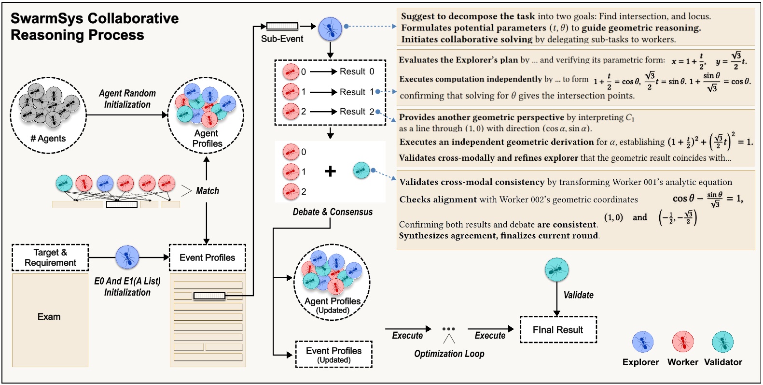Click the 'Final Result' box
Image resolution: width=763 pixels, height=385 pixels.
[558, 329]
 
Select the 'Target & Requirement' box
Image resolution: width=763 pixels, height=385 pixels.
[50, 257]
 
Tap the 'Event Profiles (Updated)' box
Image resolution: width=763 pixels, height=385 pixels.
[333, 355]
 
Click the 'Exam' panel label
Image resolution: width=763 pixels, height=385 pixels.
[49, 317]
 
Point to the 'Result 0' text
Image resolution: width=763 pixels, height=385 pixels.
[357, 71]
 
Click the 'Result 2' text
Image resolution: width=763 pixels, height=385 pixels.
[357, 112]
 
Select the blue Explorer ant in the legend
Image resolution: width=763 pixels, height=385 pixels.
[642, 342]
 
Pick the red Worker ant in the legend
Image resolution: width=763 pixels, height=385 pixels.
[682, 342]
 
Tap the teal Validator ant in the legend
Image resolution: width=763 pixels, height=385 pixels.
[722, 342]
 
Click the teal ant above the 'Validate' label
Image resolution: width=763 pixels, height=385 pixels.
[556, 270]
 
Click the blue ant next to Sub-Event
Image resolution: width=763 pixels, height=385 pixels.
[330, 29]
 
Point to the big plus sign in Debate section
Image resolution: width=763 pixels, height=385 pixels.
[330, 171]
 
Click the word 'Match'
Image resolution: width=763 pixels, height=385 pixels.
[208, 191]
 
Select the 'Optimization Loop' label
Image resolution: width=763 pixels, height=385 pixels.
[449, 354]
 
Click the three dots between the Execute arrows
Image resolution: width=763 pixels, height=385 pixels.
[448, 329]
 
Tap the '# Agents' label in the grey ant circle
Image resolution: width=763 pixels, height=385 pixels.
[48, 139]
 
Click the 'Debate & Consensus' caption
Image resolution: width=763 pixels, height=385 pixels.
[333, 212]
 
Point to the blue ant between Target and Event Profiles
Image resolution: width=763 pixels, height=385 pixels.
[127, 257]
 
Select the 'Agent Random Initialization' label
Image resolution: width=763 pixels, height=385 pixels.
[127, 99]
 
